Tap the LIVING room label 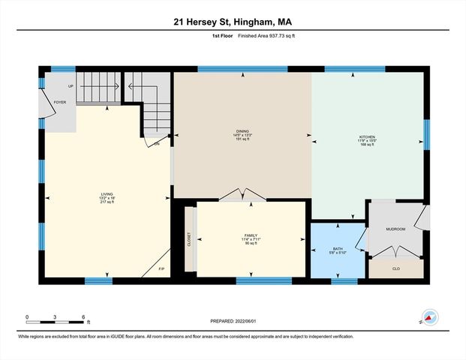click(107, 194)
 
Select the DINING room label click(242, 130)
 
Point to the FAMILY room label click(251, 235)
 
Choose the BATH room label click(338, 248)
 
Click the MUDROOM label click(395, 228)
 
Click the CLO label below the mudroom click(395, 268)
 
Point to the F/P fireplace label click(161, 268)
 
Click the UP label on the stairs click(71, 86)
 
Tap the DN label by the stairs click(157, 143)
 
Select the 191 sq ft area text click(242, 139)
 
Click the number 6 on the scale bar click(83, 316)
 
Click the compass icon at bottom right click(428, 317)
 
